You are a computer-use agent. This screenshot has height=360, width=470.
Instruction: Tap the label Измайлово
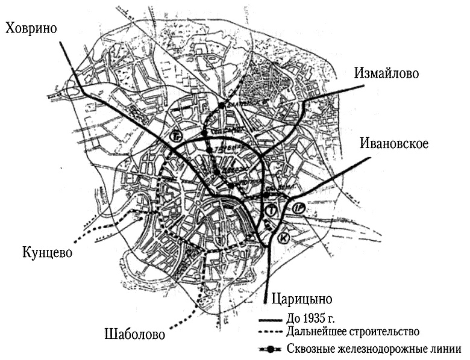(x=386, y=73)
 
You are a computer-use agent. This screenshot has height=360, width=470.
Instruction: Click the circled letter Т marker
(x=274, y=211)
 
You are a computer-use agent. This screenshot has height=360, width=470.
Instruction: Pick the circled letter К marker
(x=284, y=238)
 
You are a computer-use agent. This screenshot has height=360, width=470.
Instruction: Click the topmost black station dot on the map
(x=222, y=105)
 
